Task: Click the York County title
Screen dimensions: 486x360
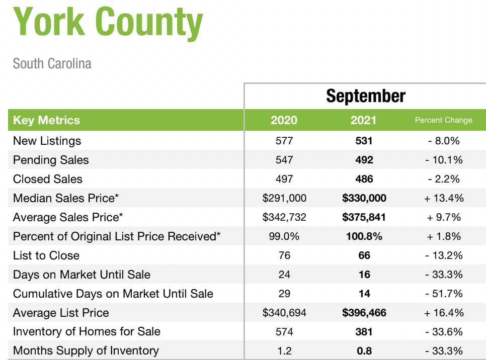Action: [108, 22]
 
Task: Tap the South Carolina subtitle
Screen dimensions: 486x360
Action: [52, 63]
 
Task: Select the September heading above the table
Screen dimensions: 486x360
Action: [366, 96]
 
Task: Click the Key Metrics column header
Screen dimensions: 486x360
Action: [46, 120]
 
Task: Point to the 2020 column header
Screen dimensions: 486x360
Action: [284, 120]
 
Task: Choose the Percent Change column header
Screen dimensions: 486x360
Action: [444, 120]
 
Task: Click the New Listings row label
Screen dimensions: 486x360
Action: [47, 141]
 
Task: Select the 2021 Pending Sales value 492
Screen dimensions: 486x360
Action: [364, 160]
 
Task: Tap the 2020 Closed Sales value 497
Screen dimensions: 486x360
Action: [284, 179]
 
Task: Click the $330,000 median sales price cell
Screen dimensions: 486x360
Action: [364, 198]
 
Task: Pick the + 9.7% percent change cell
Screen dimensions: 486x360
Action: [444, 217]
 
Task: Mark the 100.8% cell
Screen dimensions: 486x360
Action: [364, 236]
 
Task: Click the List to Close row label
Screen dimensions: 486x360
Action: [46, 255]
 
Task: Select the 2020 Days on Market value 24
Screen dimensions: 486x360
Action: [284, 275]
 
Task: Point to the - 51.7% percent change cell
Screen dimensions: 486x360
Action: [444, 294]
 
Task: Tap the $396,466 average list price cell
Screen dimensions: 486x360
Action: [364, 313]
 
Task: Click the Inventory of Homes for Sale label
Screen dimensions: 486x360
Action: [87, 331]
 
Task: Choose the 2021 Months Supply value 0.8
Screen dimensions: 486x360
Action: [364, 351]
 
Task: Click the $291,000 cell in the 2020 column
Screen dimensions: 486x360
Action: [284, 198]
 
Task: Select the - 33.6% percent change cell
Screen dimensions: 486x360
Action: [444, 332]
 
